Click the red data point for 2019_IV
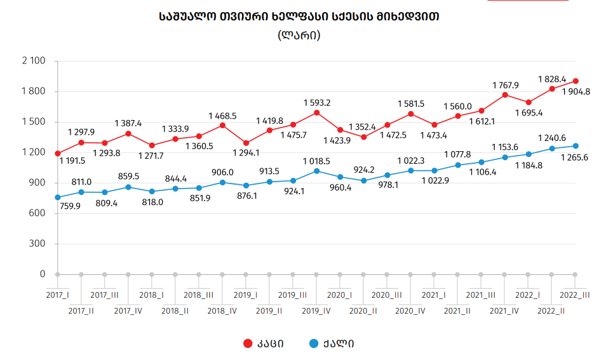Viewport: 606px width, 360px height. click(x=316, y=113)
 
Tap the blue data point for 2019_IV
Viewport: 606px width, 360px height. click(x=316, y=171)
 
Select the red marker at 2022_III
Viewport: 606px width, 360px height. click(x=576, y=81)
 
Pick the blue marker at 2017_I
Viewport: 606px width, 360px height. click(x=58, y=197)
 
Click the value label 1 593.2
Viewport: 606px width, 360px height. click(x=316, y=102)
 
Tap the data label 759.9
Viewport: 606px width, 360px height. click(x=70, y=206)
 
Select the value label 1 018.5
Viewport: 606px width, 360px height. click(x=316, y=160)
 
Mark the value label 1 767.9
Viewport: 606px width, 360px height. click(x=505, y=84)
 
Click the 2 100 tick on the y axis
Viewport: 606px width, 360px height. click(x=34, y=61)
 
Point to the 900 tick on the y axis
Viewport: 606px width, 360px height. click(x=37, y=183)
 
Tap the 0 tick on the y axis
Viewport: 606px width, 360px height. click(x=43, y=274)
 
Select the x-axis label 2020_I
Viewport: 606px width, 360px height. click(x=340, y=295)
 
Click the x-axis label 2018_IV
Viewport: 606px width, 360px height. click(x=222, y=310)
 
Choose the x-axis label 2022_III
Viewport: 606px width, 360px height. click(x=575, y=295)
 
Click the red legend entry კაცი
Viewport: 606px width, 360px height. click(x=264, y=343)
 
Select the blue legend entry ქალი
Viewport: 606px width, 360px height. click(x=331, y=343)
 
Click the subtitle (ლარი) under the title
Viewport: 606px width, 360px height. click(x=299, y=36)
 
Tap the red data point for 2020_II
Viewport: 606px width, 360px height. click(x=363, y=137)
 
